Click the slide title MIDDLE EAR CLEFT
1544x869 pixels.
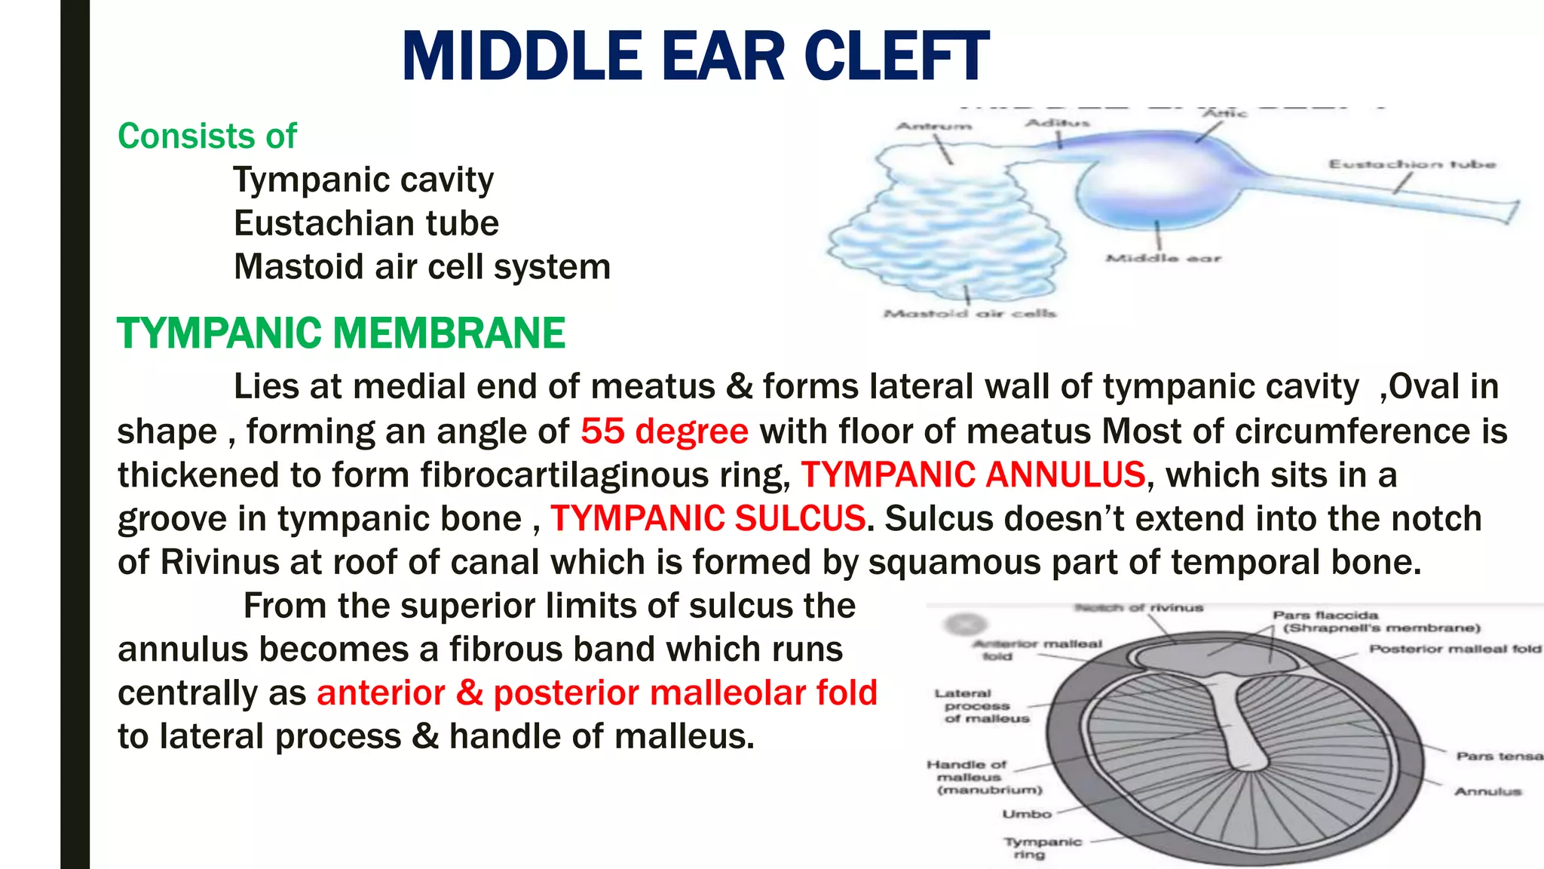click(x=695, y=57)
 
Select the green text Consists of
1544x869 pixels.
click(x=207, y=137)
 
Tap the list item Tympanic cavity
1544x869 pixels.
click(x=363, y=180)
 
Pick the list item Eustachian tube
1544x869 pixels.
click(x=366, y=224)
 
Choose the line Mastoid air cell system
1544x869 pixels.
click(x=422, y=267)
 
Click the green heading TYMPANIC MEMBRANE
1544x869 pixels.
click(x=341, y=333)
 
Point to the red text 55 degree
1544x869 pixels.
click(x=664, y=431)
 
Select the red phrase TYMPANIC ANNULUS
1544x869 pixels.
click(x=973, y=475)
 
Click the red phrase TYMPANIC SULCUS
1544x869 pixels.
click(x=707, y=519)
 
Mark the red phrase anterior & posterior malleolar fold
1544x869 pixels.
click(x=597, y=693)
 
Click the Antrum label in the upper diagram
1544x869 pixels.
click(x=933, y=126)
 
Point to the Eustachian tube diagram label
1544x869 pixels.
click(x=1411, y=164)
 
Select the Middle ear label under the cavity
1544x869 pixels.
click(x=1163, y=259)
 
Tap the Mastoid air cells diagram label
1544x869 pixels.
click(x=970, y=314)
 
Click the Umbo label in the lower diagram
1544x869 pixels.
click(x=1026, y=815)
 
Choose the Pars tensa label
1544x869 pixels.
click(x=1499, y=756)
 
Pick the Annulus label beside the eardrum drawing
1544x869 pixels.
click(x=1487, y=791)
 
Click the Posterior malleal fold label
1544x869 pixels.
click(x=1455, y=649)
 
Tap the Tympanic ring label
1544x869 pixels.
click(x=1043, y=848)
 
